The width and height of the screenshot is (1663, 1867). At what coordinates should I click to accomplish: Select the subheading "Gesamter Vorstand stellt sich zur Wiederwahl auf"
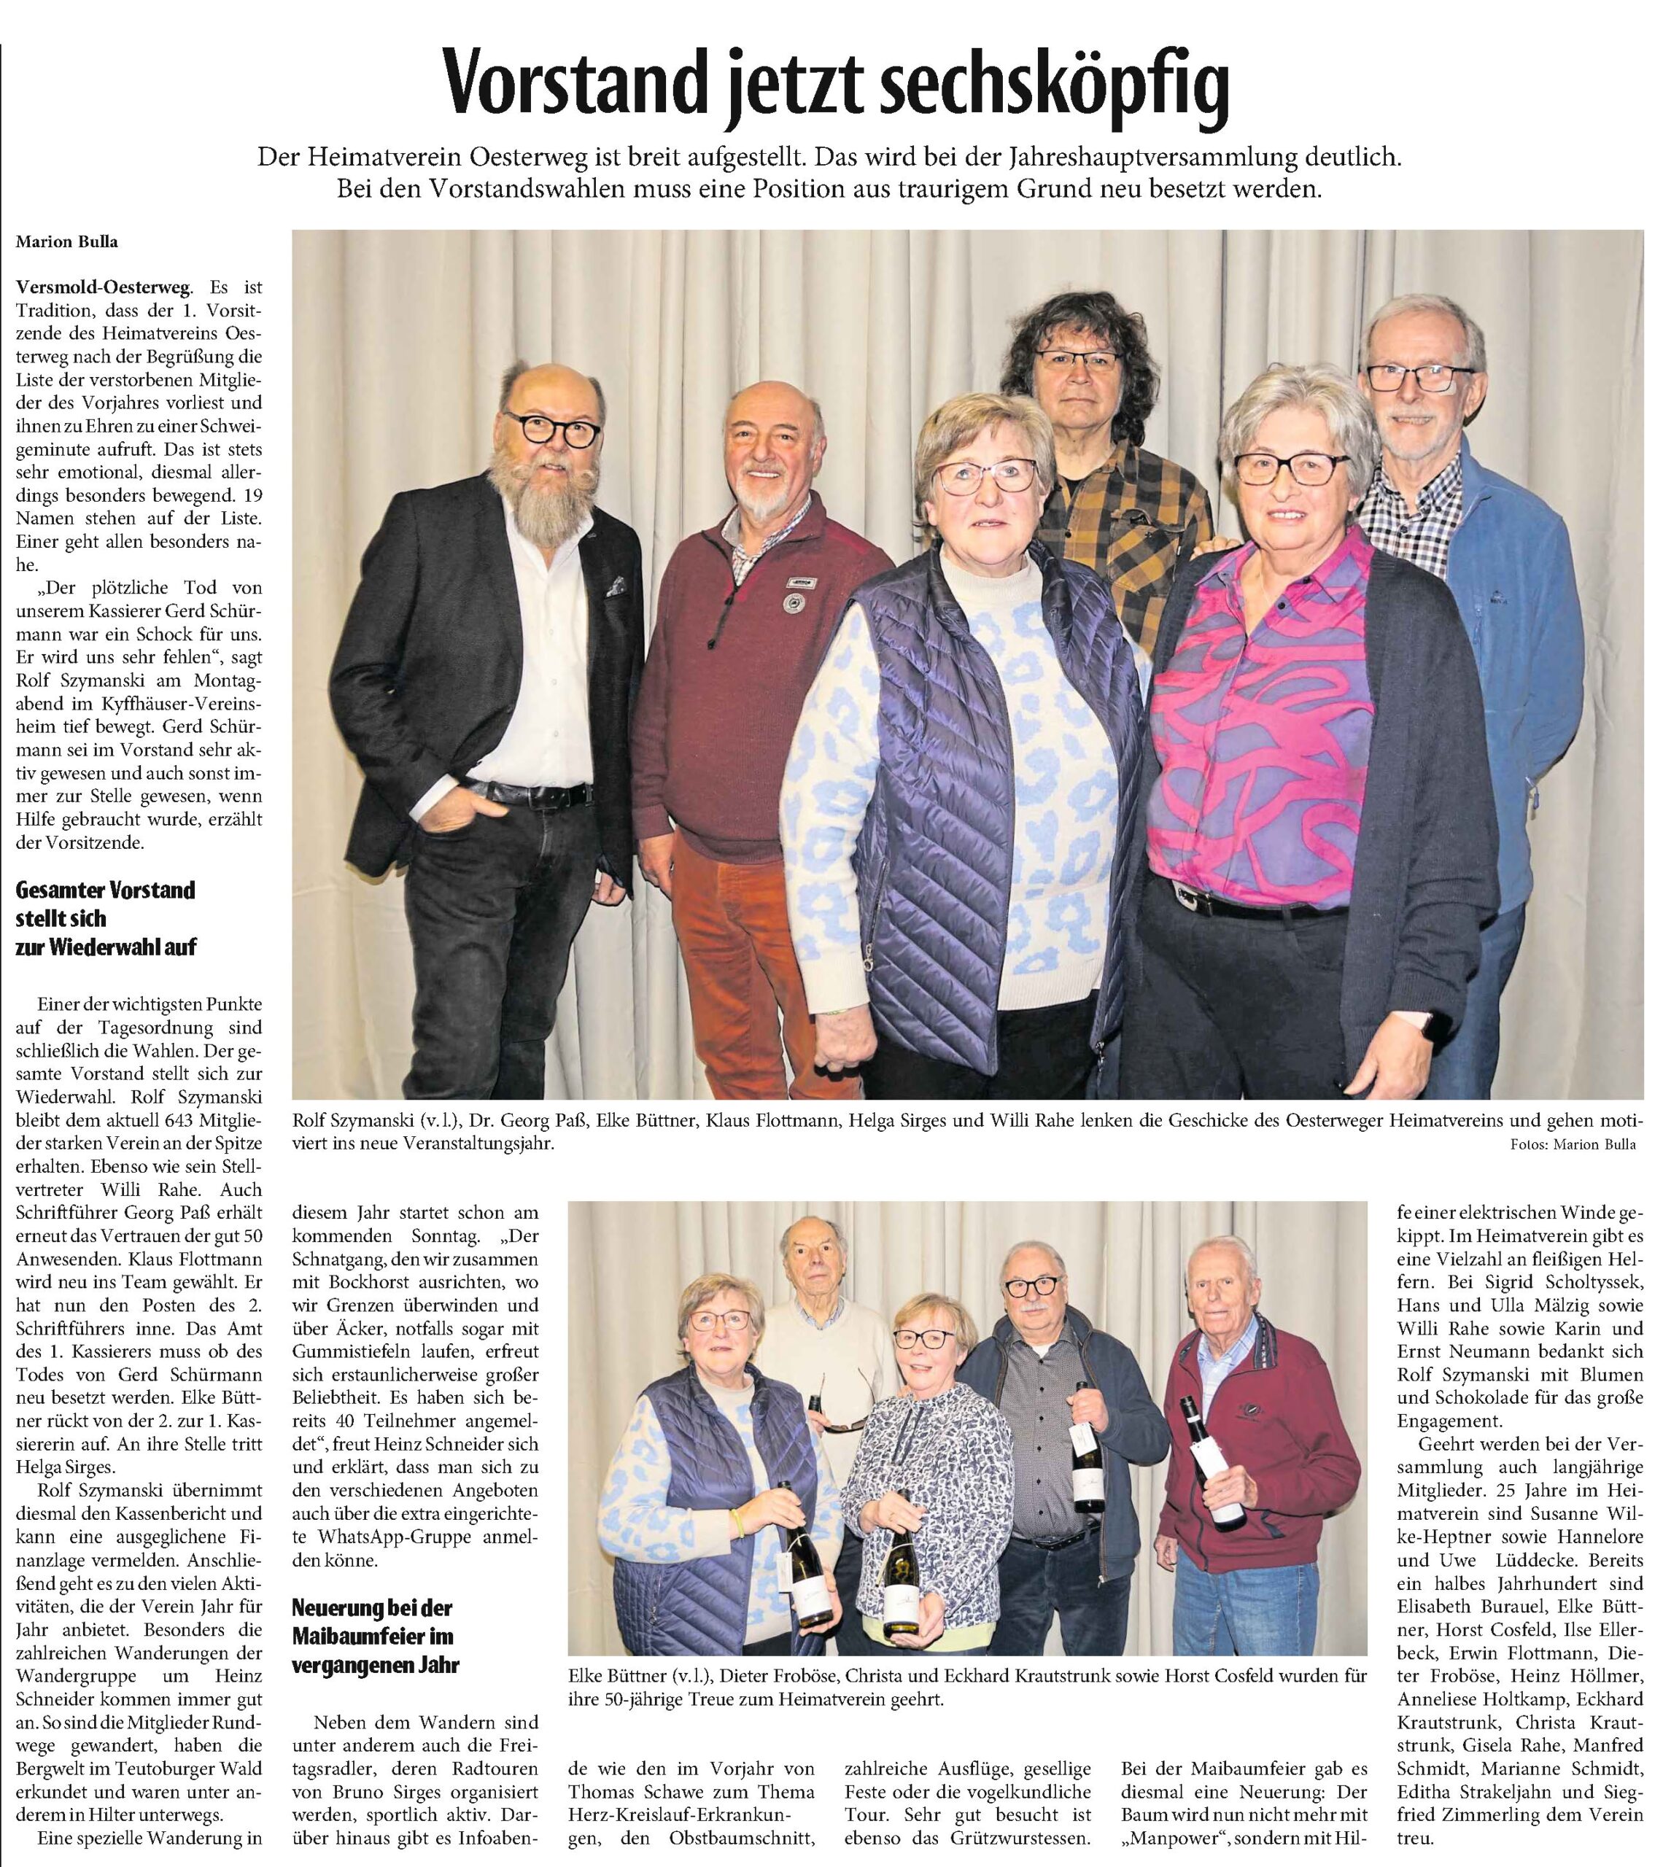pos(106,918)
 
